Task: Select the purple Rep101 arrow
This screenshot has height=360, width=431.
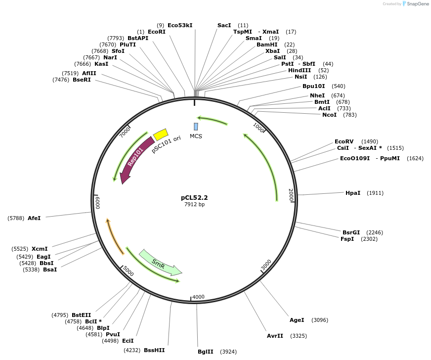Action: (x=136, y=160)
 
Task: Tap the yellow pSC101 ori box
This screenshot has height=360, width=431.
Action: (x=161, y=135)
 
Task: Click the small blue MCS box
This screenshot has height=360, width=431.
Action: (x=196, y=127)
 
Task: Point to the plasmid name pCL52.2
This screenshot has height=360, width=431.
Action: (x=194, y=197)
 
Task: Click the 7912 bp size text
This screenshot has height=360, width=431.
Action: (x=194, y=204)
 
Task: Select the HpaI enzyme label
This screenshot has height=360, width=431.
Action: (x=353, y=193)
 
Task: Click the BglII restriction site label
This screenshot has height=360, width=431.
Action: (x=205, y=352)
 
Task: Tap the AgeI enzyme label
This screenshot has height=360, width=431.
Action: (x=297, y=320)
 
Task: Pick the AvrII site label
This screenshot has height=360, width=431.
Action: (x=275, y=336)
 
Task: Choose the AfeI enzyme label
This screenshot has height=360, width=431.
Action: (x=34, y=218)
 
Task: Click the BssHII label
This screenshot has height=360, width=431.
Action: (x=154, y=350)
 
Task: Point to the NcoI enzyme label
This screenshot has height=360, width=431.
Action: (x=329, y=115)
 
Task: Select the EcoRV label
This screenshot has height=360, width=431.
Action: (x=344, y=141)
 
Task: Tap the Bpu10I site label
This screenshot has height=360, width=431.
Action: (x=314, y=86)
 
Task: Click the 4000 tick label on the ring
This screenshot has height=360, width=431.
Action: (x=198, y=297)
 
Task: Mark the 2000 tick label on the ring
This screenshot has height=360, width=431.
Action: (x=291, y=194)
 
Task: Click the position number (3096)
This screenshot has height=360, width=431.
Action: (x=320, y=320)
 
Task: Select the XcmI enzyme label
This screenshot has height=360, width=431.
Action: (x=40, y=249)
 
